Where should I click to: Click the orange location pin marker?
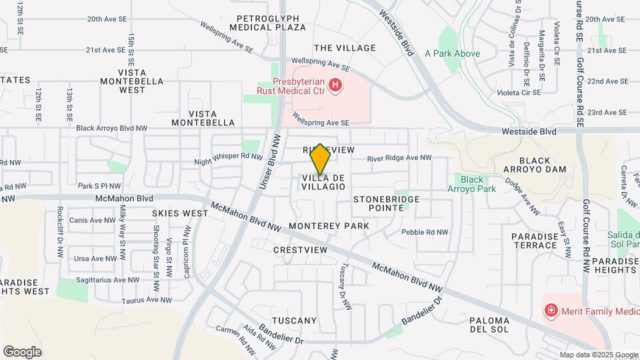point(320,159)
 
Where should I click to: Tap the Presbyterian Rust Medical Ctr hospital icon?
point(335,86)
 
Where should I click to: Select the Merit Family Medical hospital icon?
point(551,310)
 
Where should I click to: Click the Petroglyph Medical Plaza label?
point(267,23)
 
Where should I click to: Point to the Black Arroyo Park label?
point(472,184)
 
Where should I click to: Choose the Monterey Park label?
point(329,227)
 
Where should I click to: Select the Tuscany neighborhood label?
point(294,321)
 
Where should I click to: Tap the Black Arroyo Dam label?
point(535,165)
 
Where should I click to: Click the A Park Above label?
point(452,53)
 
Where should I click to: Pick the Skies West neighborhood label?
point(180,213)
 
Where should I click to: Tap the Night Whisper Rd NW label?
point(229,158)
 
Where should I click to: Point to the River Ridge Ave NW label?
point(400,158)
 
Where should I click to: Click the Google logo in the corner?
point(22,351)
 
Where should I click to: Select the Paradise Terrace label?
point(534,241)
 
